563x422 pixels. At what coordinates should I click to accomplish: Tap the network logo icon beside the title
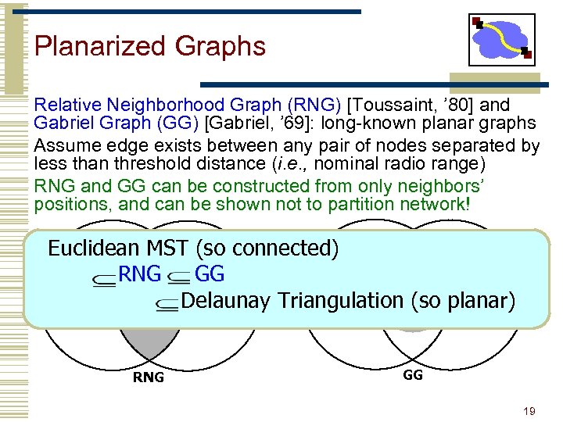[x=502, y=39]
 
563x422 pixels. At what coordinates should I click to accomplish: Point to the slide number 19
[x=529, y=410]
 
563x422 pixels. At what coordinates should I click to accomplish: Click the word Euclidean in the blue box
[x=94, y=249]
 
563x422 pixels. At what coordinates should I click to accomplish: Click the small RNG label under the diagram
[x=149, y=377]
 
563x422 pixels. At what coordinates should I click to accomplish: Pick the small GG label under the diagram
[x=413, y=375]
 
